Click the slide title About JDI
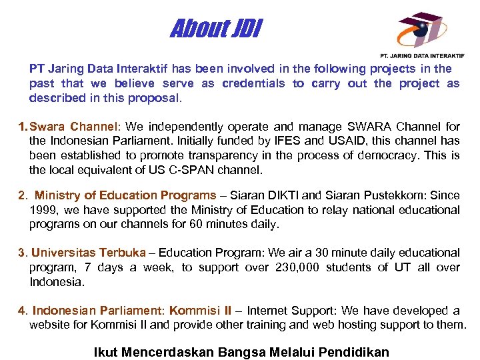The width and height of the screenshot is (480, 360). pyautogui.click(x=217, y=29)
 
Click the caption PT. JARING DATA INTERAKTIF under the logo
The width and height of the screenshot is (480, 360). pyautogui.click(x=422, y=56)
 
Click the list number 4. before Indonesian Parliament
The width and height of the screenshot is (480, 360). pyautogui.click(x=23, y=311)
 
